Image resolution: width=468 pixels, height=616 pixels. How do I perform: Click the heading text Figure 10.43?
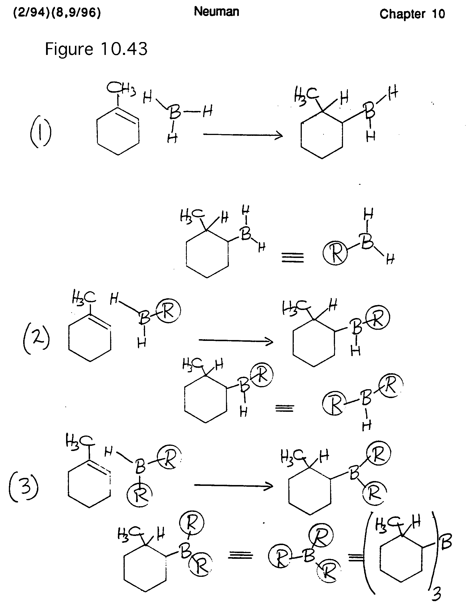[x=96, y=49]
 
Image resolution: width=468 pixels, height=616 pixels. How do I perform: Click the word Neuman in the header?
[x=217, y=12]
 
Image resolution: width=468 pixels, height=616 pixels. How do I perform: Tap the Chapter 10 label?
[x=412, y=14]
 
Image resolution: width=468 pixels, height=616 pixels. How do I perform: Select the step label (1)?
[x=41, y=133]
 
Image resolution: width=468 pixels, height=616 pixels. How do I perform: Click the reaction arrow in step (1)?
[x=243, y=135]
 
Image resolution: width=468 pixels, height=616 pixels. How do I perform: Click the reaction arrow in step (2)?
[x=236, y=341]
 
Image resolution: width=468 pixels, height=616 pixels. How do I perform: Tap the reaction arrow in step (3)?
[x=233, y=486]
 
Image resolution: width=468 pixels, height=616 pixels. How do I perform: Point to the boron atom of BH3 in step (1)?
[x=174, y=112]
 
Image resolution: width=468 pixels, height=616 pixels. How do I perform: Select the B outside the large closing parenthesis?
[x=446, y=543]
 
